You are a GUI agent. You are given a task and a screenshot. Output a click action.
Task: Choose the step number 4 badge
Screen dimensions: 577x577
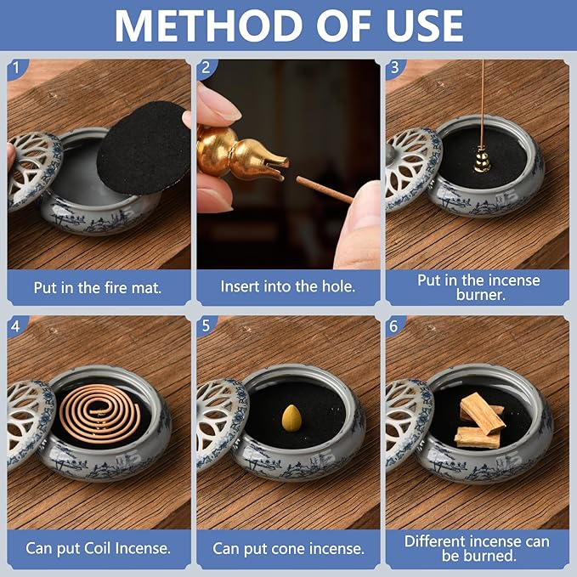click(x=16, y=325)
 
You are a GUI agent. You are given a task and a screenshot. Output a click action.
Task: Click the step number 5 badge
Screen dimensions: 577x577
click(x=205, y=325)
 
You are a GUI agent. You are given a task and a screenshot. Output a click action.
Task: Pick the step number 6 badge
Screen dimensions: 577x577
click(x=394, y=325)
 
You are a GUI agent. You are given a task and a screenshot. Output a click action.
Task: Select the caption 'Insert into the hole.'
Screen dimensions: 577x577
click(x=288, y=287)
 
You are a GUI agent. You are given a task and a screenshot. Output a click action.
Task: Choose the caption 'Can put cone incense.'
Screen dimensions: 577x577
click(x=288, y=548)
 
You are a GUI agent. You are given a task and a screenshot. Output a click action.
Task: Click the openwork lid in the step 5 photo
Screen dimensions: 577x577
click(x=218, y=421)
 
